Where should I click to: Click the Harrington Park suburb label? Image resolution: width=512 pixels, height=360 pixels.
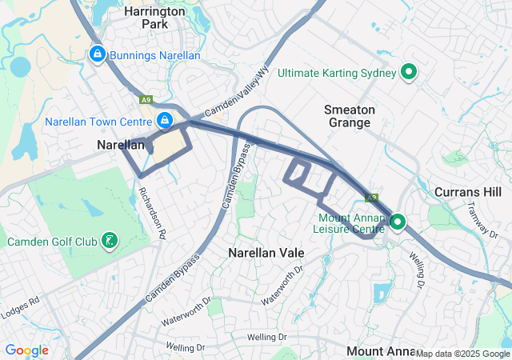coord(155,18)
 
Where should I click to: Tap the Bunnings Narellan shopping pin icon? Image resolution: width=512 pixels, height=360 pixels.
coord(97,54)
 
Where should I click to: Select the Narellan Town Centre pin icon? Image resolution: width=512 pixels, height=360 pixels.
coord(164,121)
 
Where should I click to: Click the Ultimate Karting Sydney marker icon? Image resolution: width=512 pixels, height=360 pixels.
coord(409,73)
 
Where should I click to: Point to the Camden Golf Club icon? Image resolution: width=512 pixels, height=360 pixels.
coord(109,240)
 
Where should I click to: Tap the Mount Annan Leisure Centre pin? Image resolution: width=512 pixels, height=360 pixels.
coord(398,222)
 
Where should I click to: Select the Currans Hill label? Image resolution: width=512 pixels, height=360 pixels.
coord(468,192)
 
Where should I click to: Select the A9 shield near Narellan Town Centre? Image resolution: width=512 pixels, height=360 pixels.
coord(145,100)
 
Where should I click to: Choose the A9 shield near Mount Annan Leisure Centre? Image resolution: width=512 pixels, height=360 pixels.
coord(371,197)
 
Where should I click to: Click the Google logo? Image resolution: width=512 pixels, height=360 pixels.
coord(26,350)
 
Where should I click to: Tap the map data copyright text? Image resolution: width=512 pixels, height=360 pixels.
coord(462,354)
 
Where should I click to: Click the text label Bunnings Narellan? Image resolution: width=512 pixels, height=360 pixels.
coord(154,54)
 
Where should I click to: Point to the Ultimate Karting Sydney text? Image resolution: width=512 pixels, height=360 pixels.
coord(337,73)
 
